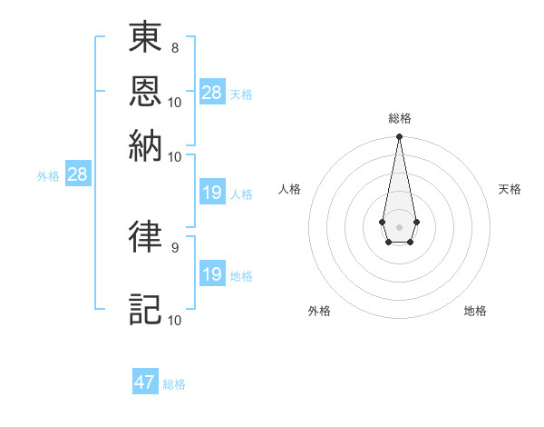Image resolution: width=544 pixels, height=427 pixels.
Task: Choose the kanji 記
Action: point(145,309)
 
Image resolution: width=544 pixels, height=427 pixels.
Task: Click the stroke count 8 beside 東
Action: point(174,46)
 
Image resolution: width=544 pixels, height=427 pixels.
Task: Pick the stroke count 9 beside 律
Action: point(174,245)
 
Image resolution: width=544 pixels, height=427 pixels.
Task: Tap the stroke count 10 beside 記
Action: point(174,320)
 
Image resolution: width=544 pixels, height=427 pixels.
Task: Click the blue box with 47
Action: point(145,382)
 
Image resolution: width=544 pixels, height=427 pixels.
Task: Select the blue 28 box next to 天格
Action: point(212,92)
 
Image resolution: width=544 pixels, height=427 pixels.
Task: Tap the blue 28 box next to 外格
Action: point(77,174)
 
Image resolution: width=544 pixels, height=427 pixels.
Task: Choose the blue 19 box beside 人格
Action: point(212,193)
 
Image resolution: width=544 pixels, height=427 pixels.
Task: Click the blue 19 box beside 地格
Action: point(212,274)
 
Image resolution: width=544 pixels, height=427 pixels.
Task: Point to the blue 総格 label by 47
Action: point(174,384)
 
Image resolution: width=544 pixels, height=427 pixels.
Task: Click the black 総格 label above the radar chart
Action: point(399,118)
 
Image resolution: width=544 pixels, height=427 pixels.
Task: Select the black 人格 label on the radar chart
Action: point(290,189)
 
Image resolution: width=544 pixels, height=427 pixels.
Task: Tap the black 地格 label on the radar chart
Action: point(475,311)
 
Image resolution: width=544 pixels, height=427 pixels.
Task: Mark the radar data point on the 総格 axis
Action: point(399,137)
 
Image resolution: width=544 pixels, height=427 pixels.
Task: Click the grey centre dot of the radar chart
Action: point(399,225)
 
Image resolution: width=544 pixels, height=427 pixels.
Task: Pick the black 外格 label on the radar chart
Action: point(319,311)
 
